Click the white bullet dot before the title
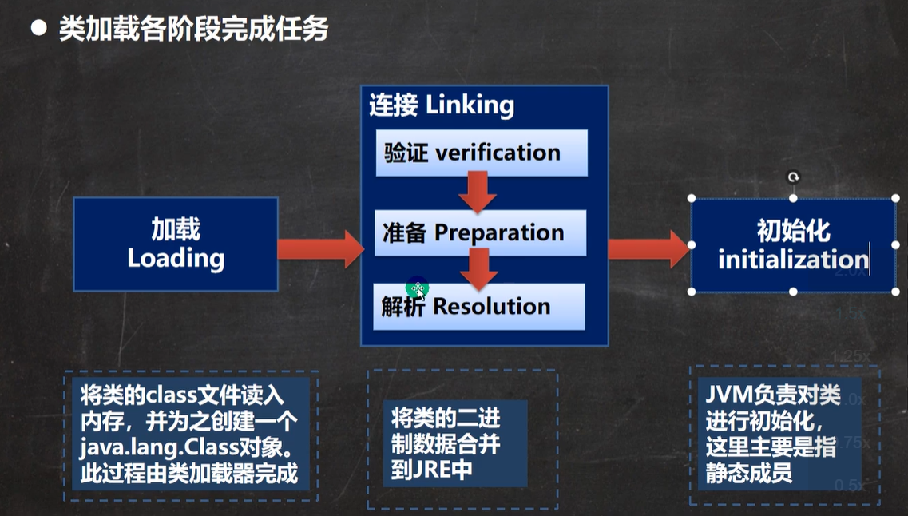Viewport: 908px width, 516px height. (39, 28)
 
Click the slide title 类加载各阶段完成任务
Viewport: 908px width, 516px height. (194, 29)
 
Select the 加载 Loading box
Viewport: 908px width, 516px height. (176, 244)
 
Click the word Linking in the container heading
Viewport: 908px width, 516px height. (470, 106)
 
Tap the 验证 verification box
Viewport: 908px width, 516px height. (482, 153)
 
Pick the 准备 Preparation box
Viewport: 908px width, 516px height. (481, 232)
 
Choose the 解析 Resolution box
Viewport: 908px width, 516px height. (479, 307)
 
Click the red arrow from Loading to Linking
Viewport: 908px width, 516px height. (321, 249)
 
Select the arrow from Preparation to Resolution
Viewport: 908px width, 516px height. (479, 269)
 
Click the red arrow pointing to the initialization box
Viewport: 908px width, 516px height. (648, 249)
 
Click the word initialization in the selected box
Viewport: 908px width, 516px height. (793, 259)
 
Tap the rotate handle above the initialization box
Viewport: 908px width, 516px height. (793, 177)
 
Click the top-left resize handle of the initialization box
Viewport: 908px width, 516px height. (692, 198)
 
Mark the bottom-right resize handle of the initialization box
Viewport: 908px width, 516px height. (895, 292)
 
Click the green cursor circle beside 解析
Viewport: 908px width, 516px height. (417, 288)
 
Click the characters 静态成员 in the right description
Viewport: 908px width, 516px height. (749, 473)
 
